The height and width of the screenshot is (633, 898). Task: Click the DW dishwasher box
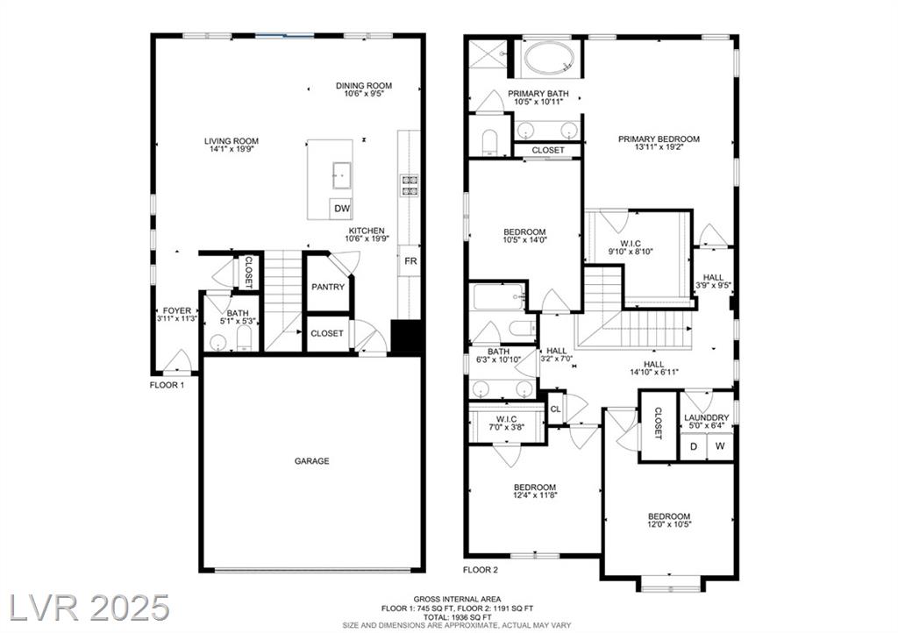(341, 209)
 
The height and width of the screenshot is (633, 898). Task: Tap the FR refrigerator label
(410, 261)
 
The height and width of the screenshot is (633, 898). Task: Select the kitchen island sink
(342, 175)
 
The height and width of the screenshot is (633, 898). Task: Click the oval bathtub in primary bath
(550, 60)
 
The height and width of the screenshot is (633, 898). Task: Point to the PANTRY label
(328, 287)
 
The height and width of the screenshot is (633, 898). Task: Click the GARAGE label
(311, 461)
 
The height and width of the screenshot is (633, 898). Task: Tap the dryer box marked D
(694, 446)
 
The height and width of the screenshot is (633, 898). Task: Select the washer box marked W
(720, 446)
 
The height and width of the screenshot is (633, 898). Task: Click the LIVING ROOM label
(232, 141)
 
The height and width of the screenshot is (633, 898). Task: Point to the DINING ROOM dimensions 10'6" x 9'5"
(364, 93)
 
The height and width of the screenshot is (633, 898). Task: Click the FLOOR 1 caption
(167, 385)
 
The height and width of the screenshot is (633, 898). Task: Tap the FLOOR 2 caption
(481, 570)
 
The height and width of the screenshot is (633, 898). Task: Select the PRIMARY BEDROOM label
(659, 139)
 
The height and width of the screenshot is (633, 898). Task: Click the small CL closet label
(555, 409)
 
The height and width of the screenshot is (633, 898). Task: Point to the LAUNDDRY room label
(707, 417)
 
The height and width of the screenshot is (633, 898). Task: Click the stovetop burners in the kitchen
(409, 187)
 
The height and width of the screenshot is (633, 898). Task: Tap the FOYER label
(177, 310)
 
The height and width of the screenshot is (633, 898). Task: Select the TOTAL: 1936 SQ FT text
(457, 617)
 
